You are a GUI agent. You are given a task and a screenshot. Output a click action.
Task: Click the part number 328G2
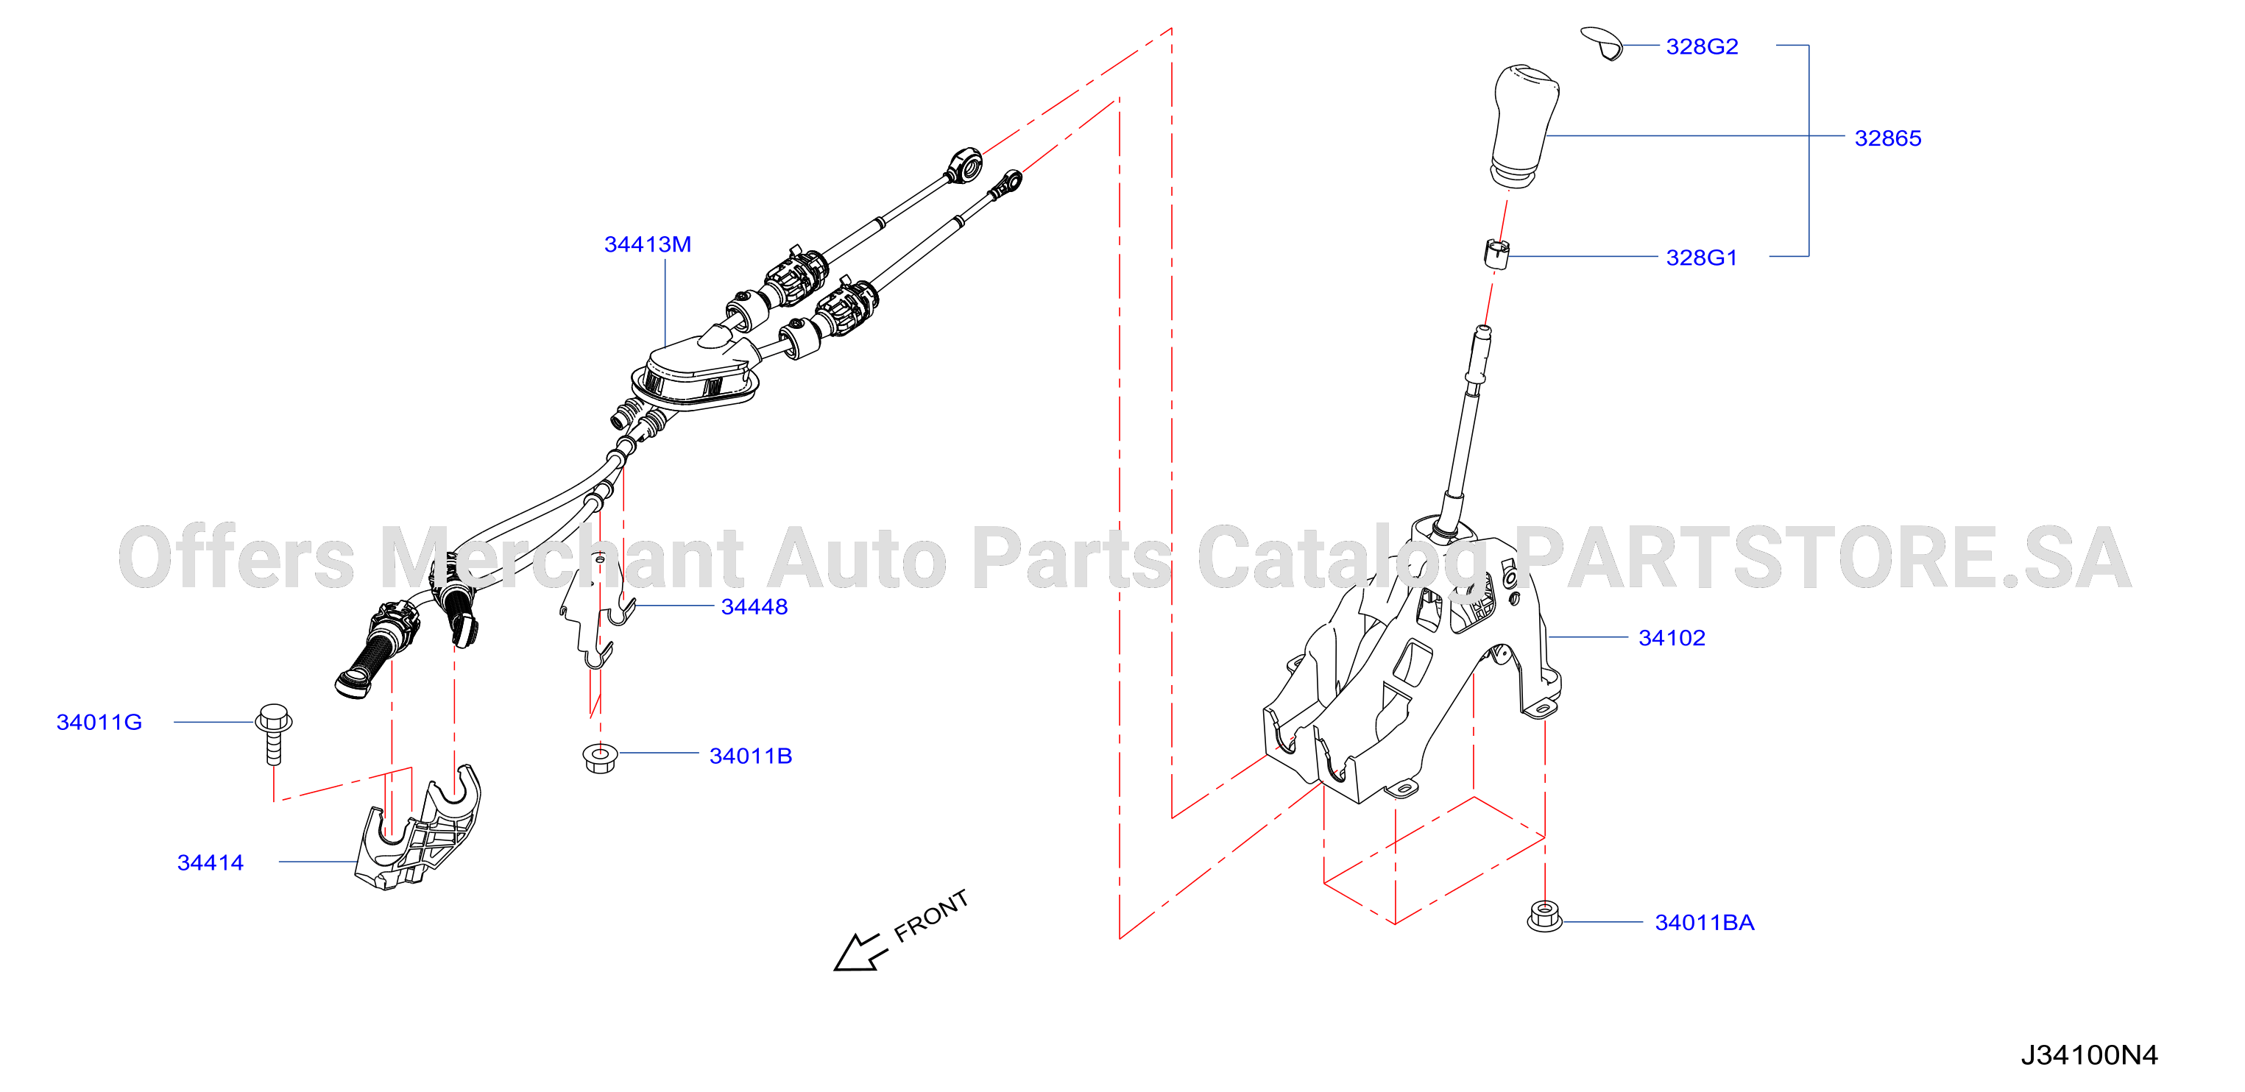1701,46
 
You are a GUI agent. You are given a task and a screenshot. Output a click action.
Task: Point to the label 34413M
648,244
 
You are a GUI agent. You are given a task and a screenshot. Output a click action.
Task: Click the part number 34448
754,606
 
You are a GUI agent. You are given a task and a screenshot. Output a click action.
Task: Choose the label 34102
1672,638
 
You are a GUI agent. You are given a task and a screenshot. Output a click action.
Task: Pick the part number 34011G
99,723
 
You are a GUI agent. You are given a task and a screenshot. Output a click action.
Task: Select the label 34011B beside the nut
750,756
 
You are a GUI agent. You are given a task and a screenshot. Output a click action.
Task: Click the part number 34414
210,863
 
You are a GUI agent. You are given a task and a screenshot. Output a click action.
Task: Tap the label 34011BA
1704,922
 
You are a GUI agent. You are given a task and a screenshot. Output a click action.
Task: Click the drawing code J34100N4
2089,1055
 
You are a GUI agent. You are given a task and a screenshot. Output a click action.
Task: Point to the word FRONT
931,916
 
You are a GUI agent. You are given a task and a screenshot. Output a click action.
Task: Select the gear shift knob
1524,126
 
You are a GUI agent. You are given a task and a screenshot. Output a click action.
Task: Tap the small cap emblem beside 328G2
1602,43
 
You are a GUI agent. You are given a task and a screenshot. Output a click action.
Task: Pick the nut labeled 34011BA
1544,917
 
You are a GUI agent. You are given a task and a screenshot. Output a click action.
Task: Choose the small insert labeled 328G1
1496,254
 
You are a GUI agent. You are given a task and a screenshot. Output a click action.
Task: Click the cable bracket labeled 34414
418,828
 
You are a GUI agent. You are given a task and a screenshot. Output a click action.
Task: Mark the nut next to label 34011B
600,756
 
